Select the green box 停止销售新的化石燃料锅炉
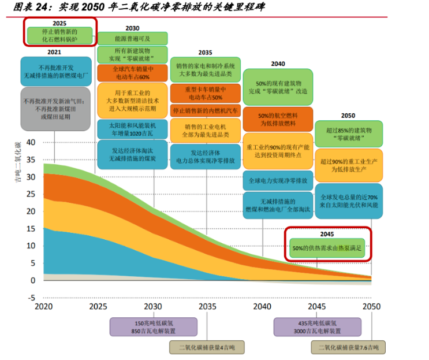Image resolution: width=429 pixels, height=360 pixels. pyautogui.click(x=60, y=36)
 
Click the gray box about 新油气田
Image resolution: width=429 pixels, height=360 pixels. pyautogui.click(x=55, y=109)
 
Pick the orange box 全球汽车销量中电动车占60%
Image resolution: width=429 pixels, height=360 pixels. pyautogui.click(x=132, y=72)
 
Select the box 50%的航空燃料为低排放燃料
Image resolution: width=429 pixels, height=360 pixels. pyautogui.click(x=278, y=120)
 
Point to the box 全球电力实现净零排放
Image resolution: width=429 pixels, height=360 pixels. pyautogui.click(x=278, y=180)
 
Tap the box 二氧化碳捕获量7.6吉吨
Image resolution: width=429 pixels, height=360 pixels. pyautogui.click(x=348, y=347)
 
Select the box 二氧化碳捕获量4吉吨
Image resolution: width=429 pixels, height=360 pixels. pyautogui.click(x=206, y=347)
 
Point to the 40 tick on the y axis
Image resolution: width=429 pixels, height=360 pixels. pyautogui.click(x=32, y=142)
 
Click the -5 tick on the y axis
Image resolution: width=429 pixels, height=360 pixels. pyautogui.click(x=32, y=298)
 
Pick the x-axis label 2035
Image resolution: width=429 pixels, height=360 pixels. pyautogui.click(x=207, y=307)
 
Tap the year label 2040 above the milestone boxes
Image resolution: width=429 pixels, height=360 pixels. pyautogui.click(x=278, y=64)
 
